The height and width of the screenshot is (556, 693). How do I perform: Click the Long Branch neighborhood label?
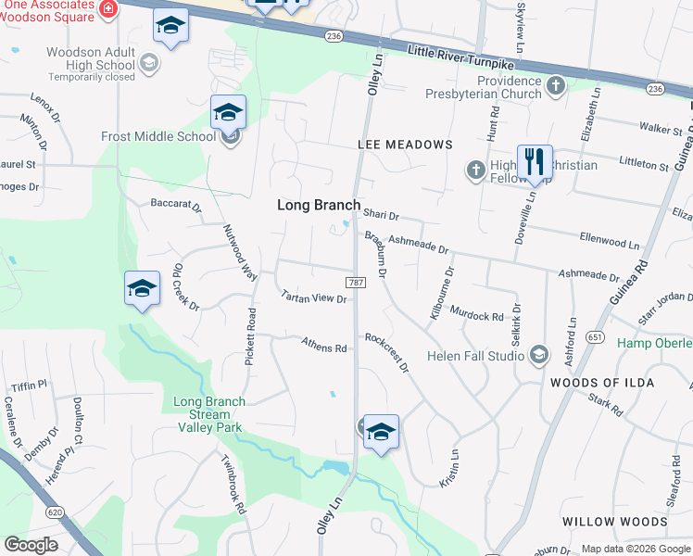pyautogui.click(x=319, y=205)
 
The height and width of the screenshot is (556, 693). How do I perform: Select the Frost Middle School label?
pyautogui.click(x=158, y=136)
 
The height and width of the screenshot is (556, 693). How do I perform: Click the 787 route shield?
pyautogui.click(x=354, y=282)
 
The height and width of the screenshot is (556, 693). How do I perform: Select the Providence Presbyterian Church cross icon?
pyautogui.click(x=555, y=87)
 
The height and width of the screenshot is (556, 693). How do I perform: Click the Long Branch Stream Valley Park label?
pyautogui.click(x=209, y=414)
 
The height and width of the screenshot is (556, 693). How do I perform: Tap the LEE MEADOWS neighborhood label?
pyautogui.click(x=405, y=145)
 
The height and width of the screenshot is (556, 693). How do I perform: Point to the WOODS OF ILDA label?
pyautogui.click(x=601, y=383)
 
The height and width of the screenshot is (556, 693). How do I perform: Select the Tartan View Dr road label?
pyautogui.click(x=313, y=297)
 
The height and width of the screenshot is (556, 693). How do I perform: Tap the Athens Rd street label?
pyautogui.click(x=323, y=346)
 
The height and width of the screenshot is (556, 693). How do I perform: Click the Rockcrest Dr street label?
pyautogui.click(x=386, y=352)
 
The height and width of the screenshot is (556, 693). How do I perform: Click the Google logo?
pyautogui.click(x=31, y=545)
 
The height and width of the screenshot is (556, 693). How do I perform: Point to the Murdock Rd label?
pyautogui.click(x=476, y=315)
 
